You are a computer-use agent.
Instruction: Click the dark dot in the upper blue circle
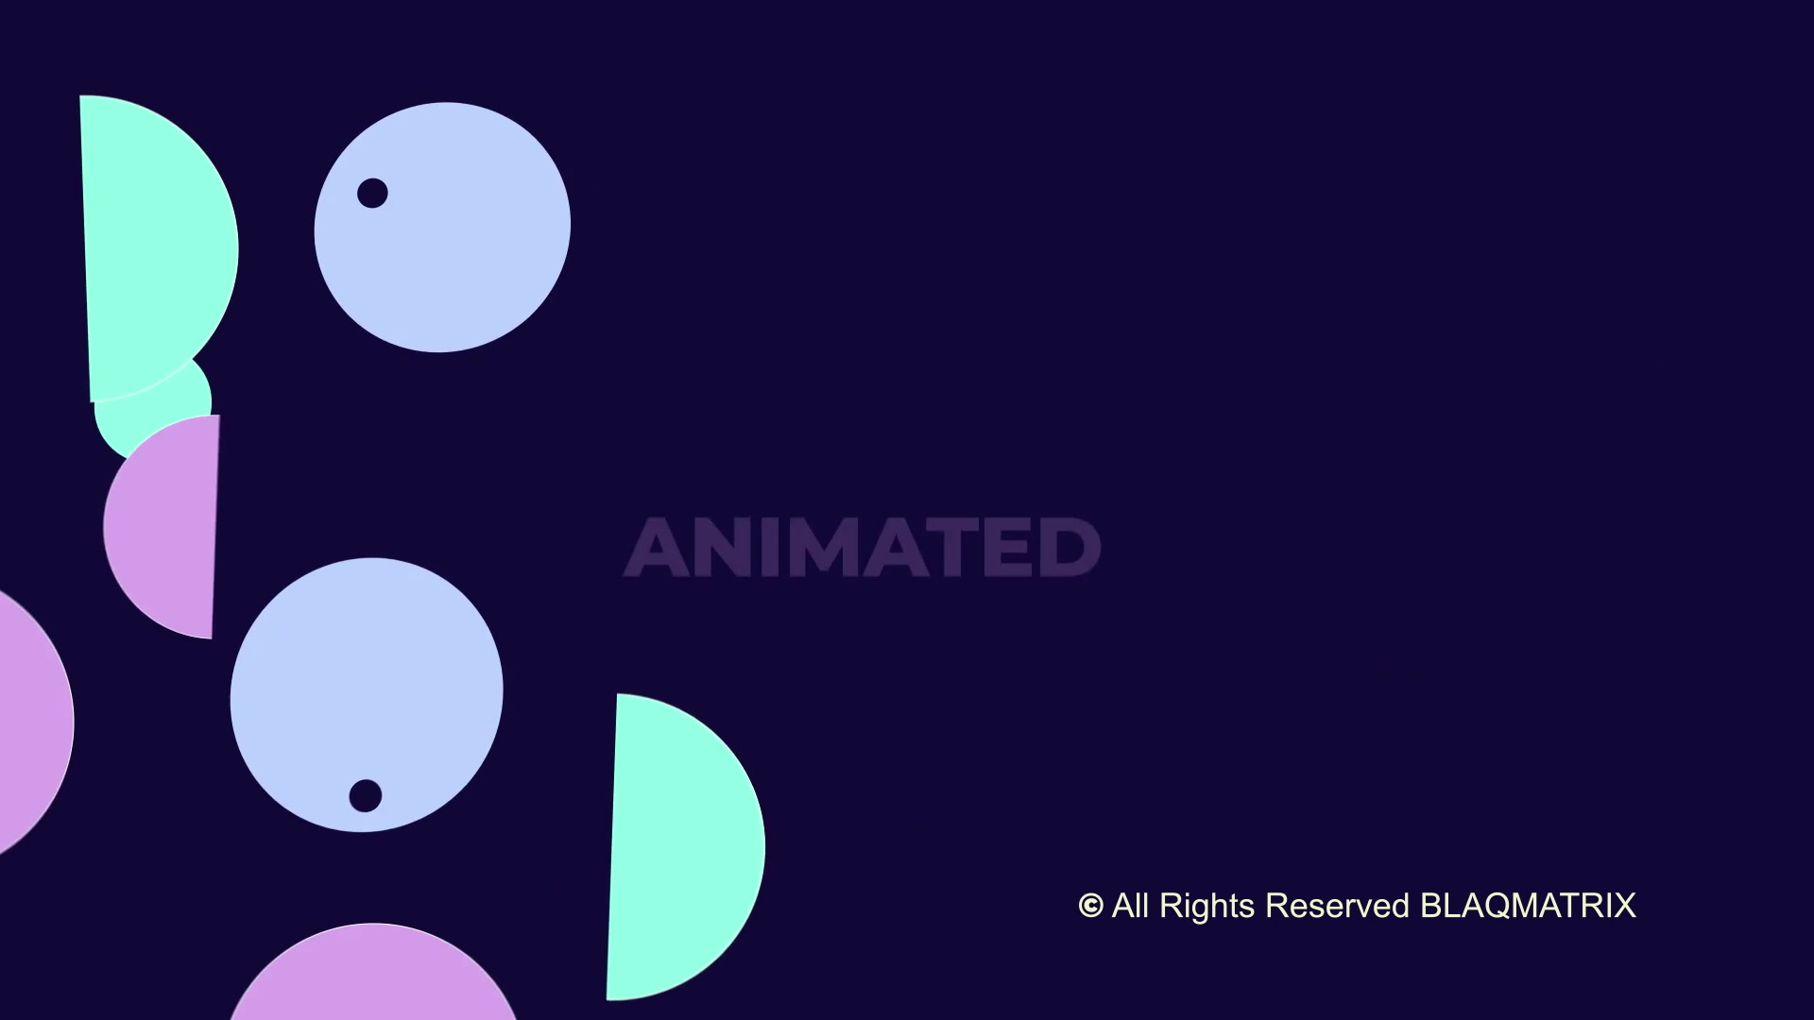click(x=372, y=193)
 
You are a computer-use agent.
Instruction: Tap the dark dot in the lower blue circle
click(x=366, y=795)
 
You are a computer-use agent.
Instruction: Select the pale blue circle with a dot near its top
click(x=442, y=228)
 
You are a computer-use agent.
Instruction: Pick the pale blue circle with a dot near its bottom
click(x=367, y=695)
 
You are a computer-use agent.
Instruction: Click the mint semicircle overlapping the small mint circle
click(x=156, y=247)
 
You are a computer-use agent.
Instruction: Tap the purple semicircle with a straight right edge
click(x=162, y=527)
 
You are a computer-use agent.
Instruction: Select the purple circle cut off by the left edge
click(x=34, y=723)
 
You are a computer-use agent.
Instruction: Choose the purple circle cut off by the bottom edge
click(x=374, y=973)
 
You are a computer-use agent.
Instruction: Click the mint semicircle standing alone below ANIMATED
click(x=684, y=847)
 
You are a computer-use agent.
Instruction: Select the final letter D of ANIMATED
click(x=1070, y=548)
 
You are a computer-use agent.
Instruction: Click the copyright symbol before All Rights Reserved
click(x=1090, y=906)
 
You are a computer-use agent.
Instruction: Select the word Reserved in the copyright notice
click(x=1337, y=906)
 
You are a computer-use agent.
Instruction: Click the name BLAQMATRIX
click(x=1528, y=906)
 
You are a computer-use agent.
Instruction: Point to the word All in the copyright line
click(x=1130, y=905)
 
